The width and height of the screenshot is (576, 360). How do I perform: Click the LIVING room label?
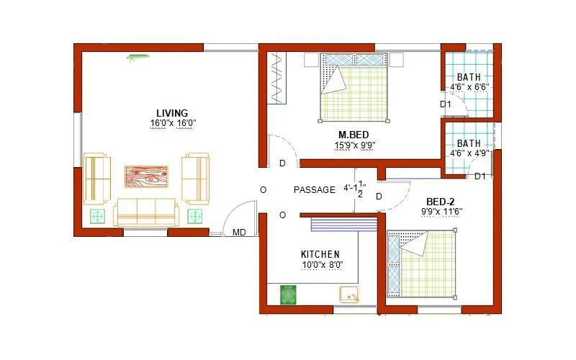172,113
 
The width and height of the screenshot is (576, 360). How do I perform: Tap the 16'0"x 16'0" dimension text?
173,123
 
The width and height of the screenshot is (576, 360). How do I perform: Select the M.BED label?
354,135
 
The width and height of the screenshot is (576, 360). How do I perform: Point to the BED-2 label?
440,202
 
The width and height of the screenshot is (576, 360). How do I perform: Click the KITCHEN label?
320,254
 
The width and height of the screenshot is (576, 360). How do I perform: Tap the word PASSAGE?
315,190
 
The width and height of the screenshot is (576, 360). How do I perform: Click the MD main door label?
238,233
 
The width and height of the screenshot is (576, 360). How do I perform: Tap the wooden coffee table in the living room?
146,176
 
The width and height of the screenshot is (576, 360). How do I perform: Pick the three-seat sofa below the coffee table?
145,212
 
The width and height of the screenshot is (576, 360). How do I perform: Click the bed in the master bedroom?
354,88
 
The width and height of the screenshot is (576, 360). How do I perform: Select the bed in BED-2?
423,264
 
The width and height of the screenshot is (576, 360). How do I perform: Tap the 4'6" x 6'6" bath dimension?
469,87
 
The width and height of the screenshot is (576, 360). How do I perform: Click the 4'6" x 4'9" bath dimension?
469,153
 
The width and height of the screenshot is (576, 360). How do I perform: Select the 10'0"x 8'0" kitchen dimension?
321,264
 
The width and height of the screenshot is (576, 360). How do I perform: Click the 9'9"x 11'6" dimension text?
441,211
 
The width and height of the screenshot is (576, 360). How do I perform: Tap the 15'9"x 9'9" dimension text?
355,145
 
